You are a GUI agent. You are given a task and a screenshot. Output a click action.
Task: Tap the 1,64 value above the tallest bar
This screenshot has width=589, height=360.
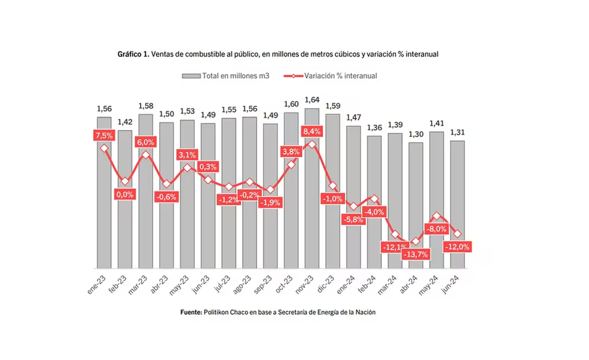312,100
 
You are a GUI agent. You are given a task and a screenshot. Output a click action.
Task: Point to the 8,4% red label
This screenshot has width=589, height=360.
312,131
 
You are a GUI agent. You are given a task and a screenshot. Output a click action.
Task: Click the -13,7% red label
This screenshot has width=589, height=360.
416,254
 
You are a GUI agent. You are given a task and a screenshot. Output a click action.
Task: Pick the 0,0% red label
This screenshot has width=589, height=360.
125,194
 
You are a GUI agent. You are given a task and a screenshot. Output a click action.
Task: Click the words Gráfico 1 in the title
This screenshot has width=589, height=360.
133,54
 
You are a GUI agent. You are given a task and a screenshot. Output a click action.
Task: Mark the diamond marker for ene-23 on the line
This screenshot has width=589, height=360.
104,148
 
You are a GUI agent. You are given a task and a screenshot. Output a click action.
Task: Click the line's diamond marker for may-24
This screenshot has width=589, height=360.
437,216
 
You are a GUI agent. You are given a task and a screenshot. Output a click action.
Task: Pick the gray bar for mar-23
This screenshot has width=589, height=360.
146,196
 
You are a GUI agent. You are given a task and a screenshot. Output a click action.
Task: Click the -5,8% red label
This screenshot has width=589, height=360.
354,220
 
